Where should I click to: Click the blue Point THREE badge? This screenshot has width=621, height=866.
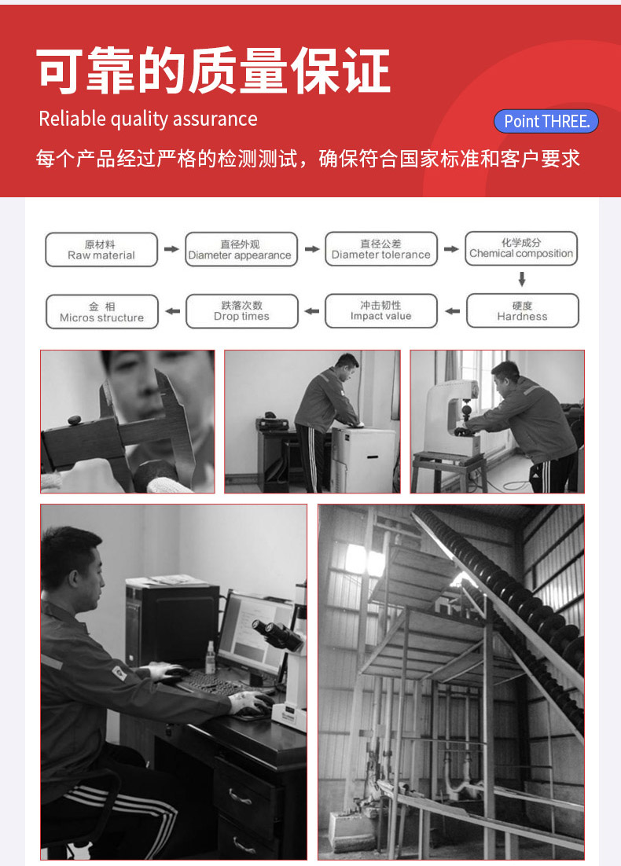pyautogui.click(x=546, y=121)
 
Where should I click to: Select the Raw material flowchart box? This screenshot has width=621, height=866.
pyautogui.click(x=101, y=250)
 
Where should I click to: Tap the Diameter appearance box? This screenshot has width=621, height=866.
pyautogui.click(x=241, y=250)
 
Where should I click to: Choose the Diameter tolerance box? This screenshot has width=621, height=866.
pyautogui.click(x=381, y=249)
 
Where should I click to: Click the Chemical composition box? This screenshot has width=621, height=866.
pyautogui.click(x=521, y=248)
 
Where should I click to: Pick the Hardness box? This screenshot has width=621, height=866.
pyautogui.click(x=522, y=311)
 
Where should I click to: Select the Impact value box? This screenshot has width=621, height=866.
pyautogui.click(x=381, y=311)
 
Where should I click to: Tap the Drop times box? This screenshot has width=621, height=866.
pyautogui.click(x=242, y=311)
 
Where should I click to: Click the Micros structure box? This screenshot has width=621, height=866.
pyautogui.click(x=101, y=312)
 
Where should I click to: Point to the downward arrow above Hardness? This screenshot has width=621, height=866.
pyautogui.click(x=521, y=280)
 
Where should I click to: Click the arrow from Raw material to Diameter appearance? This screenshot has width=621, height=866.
pyautogui.click(x=171, y=249)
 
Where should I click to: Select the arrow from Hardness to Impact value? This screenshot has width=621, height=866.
pyautogui.click(x=453, y=311)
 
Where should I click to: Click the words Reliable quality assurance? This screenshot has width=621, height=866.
pyautogui.click(x=148, y=119)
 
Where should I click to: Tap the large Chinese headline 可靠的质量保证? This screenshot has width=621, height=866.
pyautogui.click(x=214, y=71)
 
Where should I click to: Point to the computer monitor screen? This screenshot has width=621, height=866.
pyautogui.click(x=255, y=635)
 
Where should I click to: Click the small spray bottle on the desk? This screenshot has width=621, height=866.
pyautogui.click(x=210, y=659)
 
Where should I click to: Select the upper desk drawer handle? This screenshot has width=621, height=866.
pyautogui.click(x=239, y=796)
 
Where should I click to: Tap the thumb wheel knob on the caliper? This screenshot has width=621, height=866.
pyautogui.click(x=75, y=420)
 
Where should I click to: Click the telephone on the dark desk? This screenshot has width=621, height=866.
pyautogui.click(x=272, y=423)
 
